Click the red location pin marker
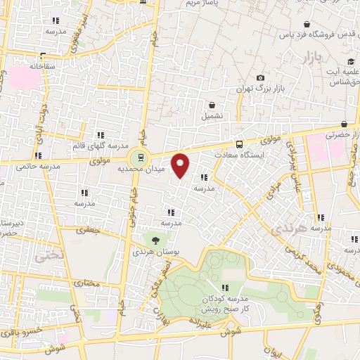181,166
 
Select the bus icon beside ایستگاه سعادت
240,143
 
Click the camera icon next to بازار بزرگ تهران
260,77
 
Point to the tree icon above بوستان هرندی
155,240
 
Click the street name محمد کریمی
307,262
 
